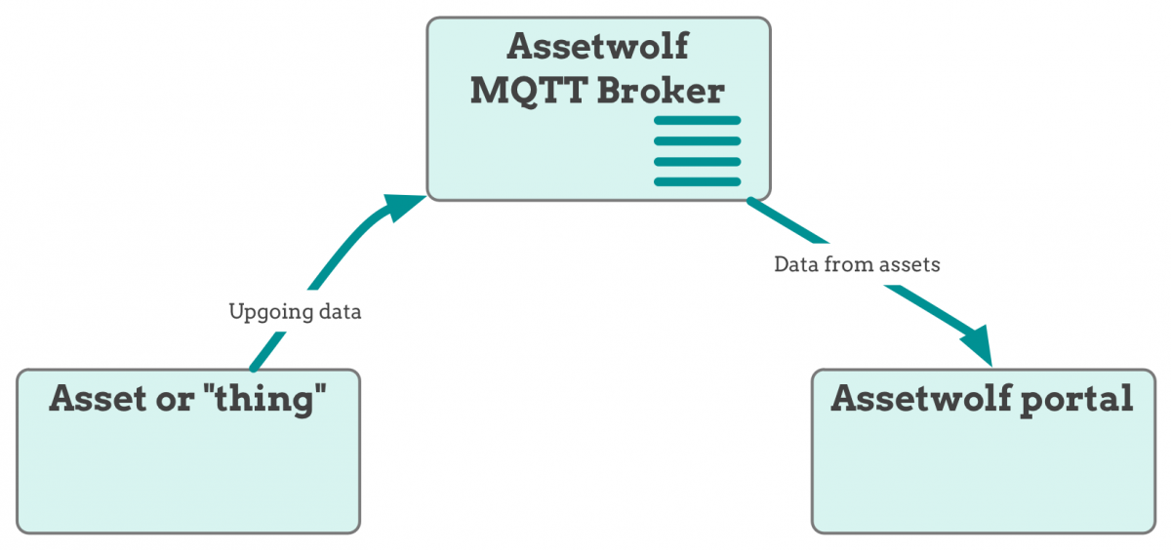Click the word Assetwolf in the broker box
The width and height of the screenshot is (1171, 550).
coord(597,46)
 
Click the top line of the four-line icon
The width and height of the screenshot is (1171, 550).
coord(697,121)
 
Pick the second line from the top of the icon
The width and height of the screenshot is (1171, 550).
coord(697,141)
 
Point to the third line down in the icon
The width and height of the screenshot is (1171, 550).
coord(697,162)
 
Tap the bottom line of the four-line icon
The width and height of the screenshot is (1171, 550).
coord(697,182)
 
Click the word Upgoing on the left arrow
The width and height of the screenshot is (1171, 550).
coord(269,313)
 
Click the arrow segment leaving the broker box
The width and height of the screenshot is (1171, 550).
coord(787,221)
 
